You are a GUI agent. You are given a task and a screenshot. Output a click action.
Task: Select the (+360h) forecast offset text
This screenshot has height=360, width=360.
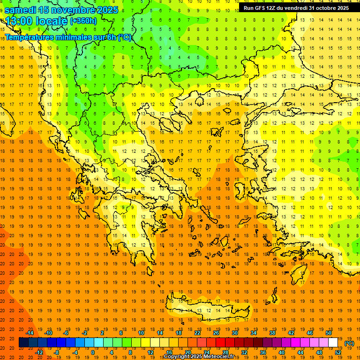point(83,21)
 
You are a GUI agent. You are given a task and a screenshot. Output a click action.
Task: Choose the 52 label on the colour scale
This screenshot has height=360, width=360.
point(338,352)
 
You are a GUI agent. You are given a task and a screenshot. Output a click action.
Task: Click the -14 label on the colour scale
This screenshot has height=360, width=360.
point(30,333)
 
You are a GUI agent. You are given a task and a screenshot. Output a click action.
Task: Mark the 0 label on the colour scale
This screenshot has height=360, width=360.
point(93,352)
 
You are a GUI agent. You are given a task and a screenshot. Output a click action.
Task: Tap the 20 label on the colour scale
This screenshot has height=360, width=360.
point(187,352)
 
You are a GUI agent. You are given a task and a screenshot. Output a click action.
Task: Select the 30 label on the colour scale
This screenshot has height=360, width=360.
point(234,333)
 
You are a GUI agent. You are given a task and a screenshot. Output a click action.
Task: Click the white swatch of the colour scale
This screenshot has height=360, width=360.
point(333,343)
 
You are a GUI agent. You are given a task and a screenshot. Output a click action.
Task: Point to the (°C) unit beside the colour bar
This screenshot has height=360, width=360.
point(349,343)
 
